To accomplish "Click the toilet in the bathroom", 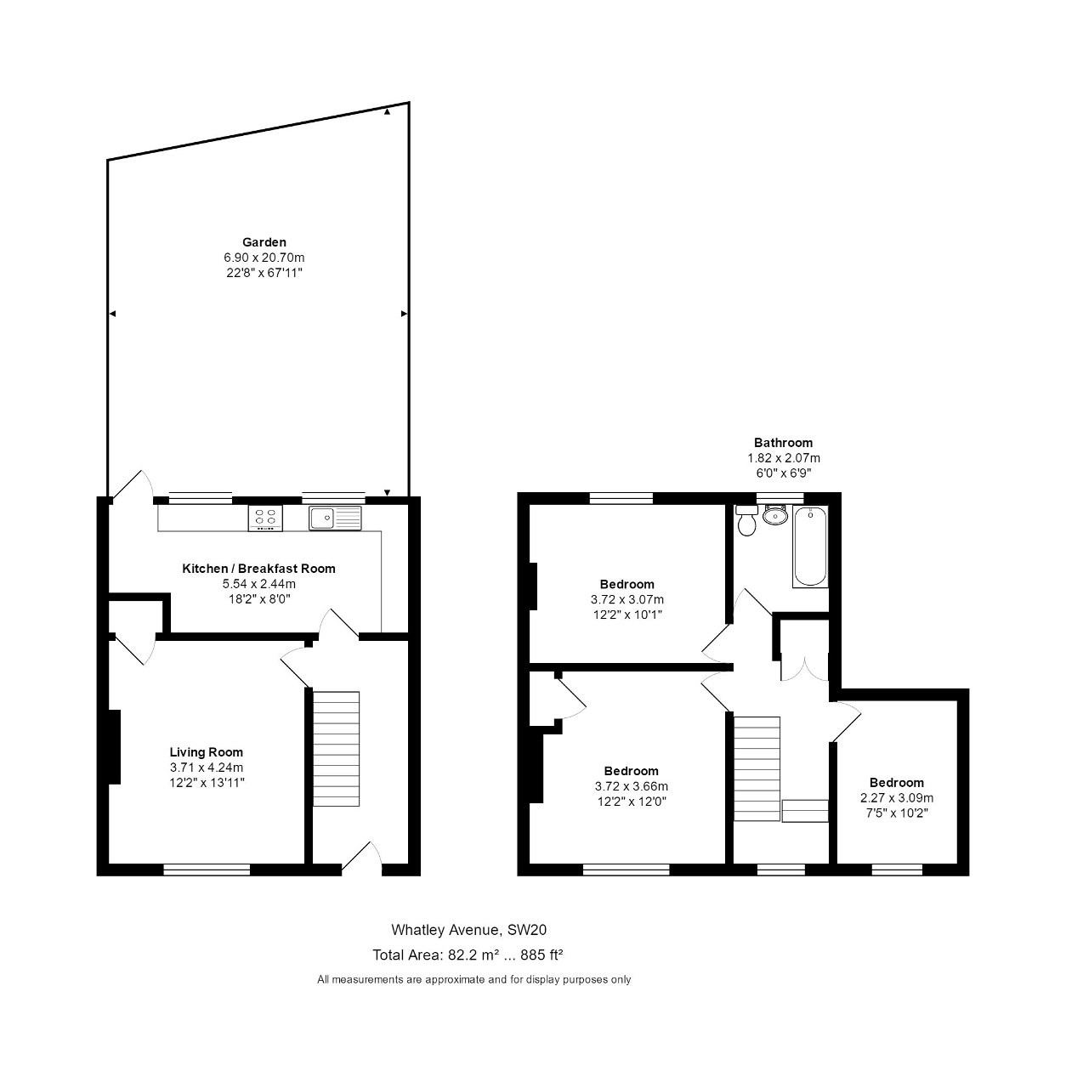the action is point(746,520).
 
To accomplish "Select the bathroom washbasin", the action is point(774,514).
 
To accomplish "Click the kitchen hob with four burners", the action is point(265,518).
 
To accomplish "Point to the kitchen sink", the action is point(335,518).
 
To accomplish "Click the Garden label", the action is point(264,242).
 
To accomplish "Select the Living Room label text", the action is point(207,752).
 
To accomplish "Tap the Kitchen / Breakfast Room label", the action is point(258,569).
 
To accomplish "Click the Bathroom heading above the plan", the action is point(783,443).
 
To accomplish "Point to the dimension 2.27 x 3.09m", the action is point(897,798).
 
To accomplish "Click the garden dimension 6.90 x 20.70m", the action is point(264,258).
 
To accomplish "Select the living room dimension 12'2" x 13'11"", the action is point(207,783).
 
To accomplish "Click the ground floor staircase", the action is point(336,749).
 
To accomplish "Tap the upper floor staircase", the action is point(757,768).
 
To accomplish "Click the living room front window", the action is point(207,869).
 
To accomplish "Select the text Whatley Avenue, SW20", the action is point(469,929).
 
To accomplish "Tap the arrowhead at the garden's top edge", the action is point(387,112).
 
